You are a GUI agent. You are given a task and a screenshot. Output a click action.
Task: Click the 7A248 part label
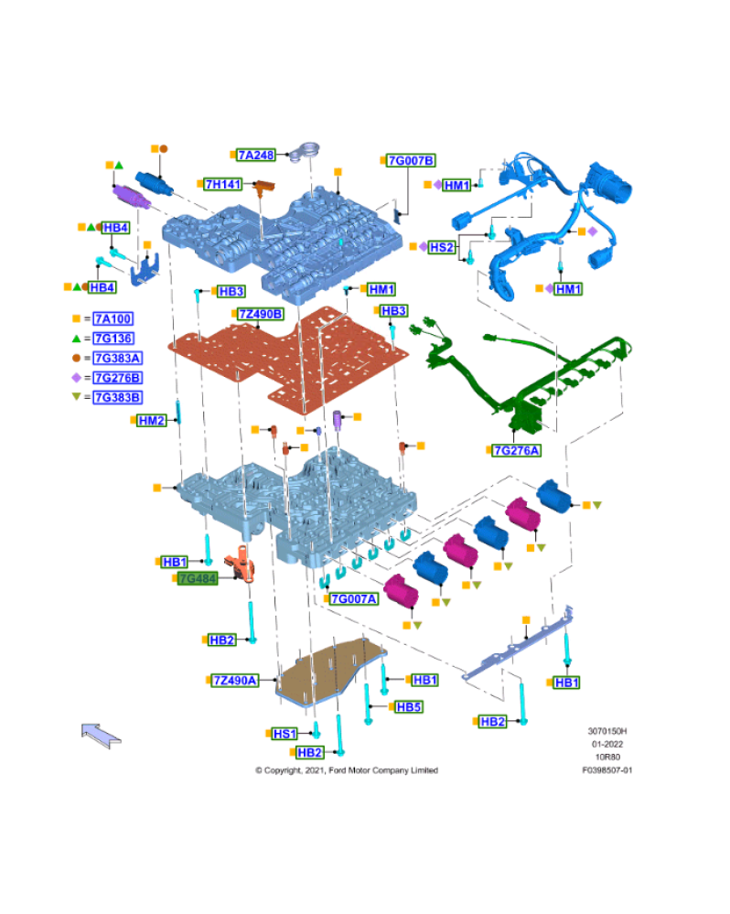tap(256, 155)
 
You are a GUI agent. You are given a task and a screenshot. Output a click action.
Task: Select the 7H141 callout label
tap(223, 184)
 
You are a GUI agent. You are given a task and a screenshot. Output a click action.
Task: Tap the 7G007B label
tap(411, 160)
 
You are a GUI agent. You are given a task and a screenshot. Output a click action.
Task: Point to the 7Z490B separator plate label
tap(261, 314)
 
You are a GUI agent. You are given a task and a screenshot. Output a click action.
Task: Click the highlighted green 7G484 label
tap(198, 578)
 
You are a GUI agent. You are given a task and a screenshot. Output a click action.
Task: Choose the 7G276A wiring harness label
tap(516, 450)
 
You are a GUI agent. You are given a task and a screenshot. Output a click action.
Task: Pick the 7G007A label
tap(354, 598)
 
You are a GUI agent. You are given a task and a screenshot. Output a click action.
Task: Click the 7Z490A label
tap(235, 681)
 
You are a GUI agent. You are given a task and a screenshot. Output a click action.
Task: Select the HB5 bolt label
tap(408, 707)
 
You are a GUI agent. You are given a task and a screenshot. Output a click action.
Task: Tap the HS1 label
tap(284, 734)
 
